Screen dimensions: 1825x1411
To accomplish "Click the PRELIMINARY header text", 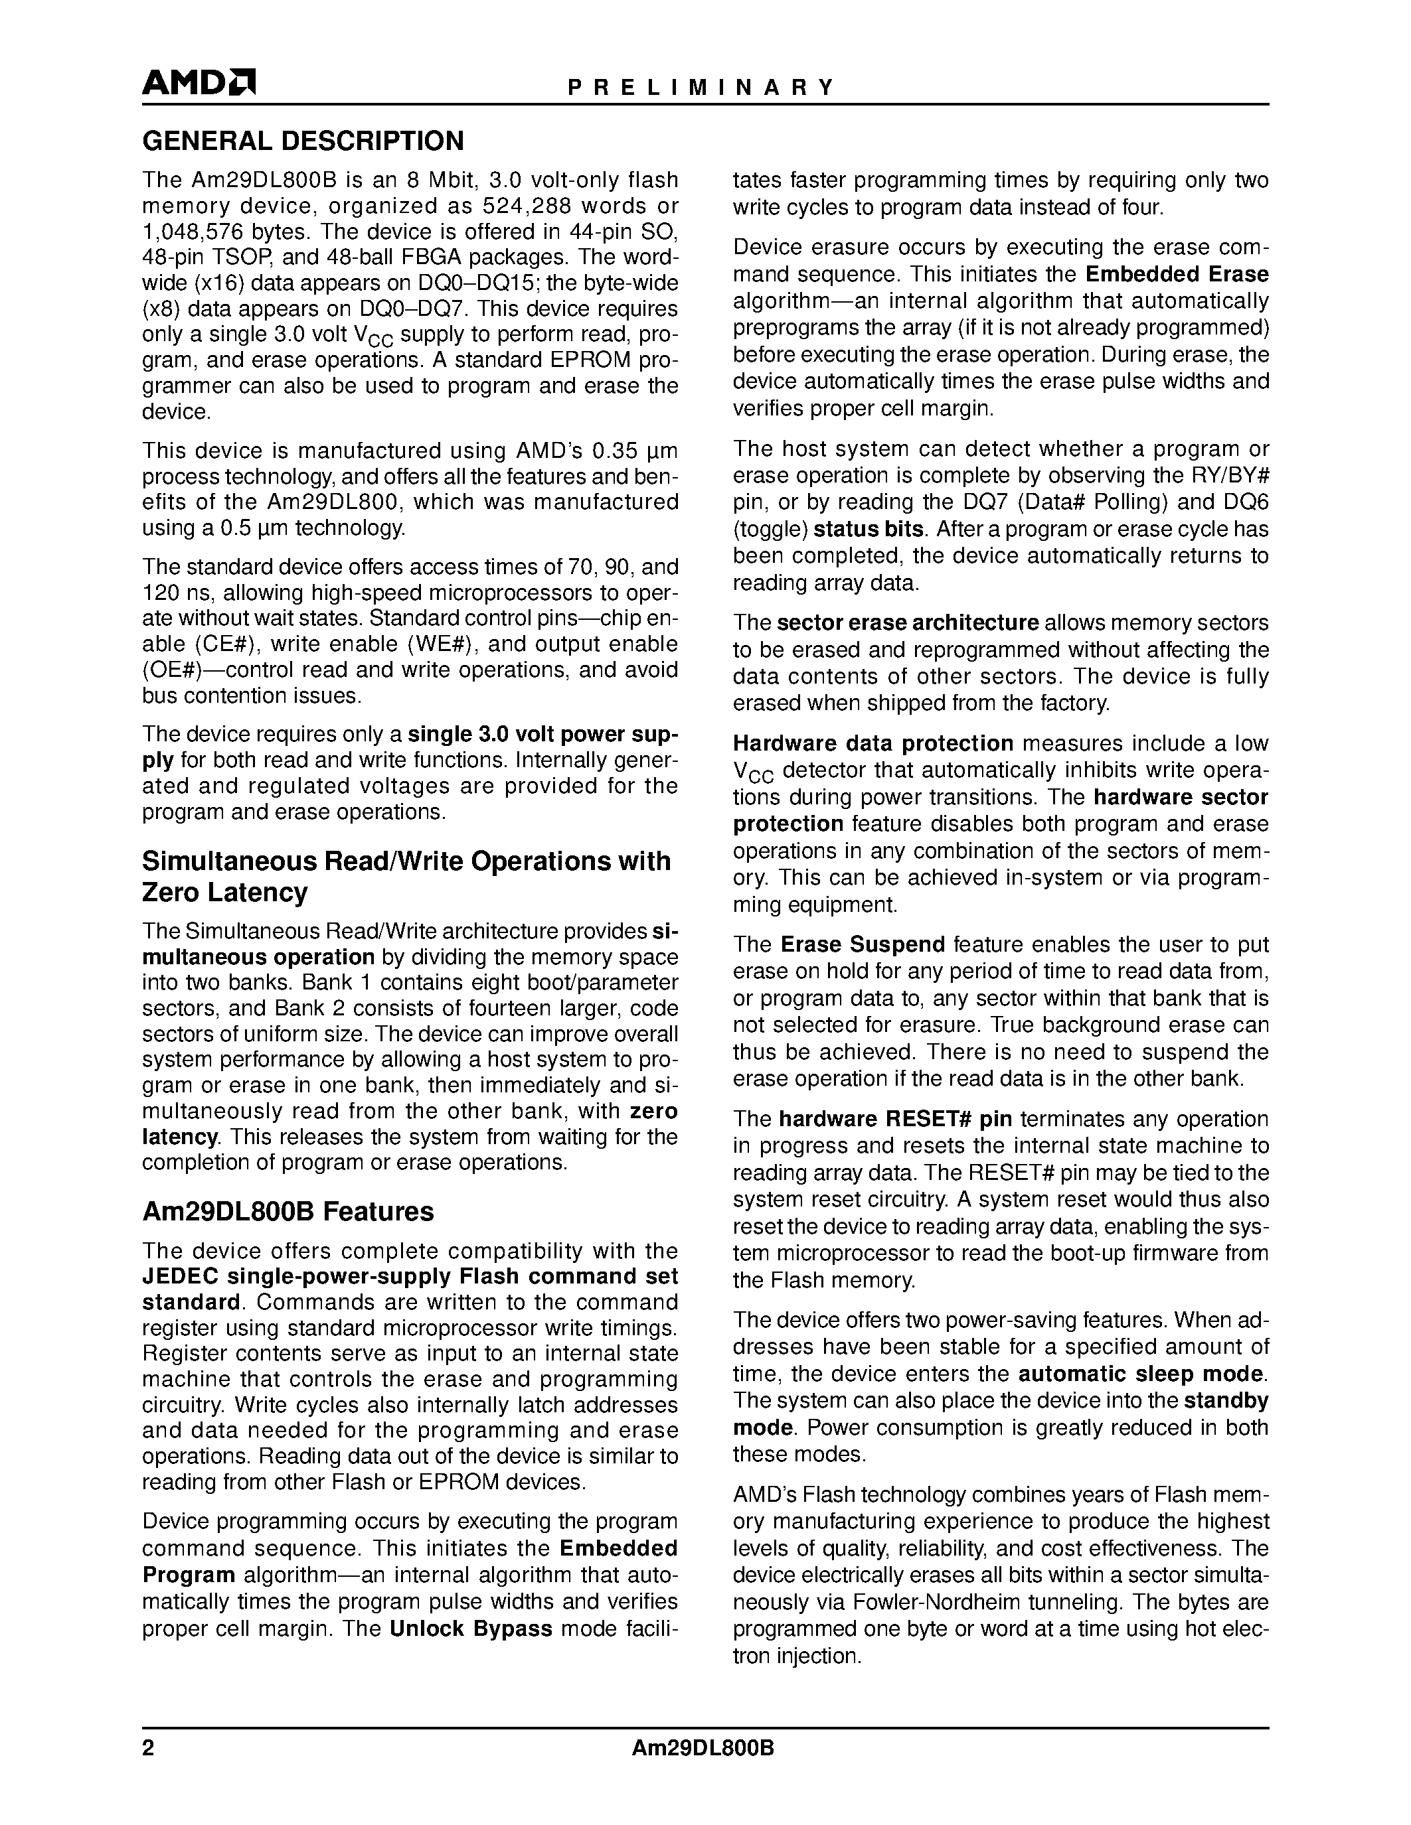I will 701,88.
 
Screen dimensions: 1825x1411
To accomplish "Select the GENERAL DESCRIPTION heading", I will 303,141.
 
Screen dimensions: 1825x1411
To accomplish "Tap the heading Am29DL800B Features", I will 288,1211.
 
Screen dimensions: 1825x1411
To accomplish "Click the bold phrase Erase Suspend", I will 862,944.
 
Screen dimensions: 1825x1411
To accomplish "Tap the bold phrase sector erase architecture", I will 907,622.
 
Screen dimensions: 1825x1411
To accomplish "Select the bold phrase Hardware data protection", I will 872,743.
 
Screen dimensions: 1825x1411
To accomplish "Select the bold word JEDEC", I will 181,1276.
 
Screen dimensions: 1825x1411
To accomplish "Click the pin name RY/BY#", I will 1229,475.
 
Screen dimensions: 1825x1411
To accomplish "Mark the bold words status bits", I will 869,529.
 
